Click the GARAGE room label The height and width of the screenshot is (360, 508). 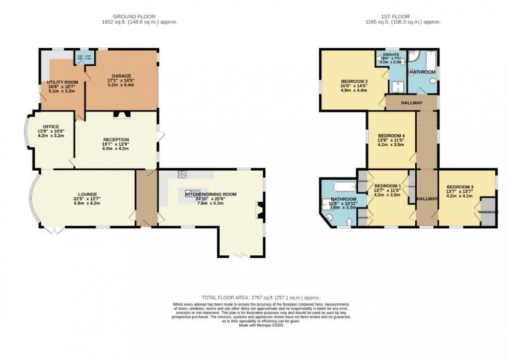(119, 76)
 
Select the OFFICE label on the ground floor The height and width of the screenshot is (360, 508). (51, 127)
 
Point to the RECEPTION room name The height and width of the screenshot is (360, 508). (116, 140)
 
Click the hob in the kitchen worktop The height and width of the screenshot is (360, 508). (182, 174)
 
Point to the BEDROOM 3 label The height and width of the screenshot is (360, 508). (460, 187)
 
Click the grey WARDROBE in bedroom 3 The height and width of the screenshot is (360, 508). (487, 211)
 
